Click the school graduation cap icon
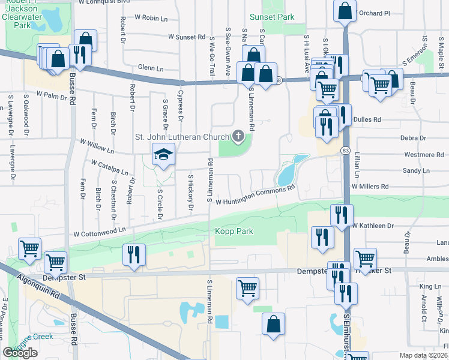(x=163, y=155)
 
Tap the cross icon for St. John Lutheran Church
(x=238, y=137)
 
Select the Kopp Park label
(x=235, y=231)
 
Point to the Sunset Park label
(x=276, y=17)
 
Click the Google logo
(x=20, y=353)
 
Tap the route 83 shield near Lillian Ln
(x=345, y=149)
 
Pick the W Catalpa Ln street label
(x=110, y=166)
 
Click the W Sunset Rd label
(x=187, y=37)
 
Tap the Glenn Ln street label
(x=150, y=68)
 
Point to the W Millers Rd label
(x=371, y=187)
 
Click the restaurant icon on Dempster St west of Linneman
(x=133, y=254)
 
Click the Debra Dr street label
(x=414, y=137)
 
